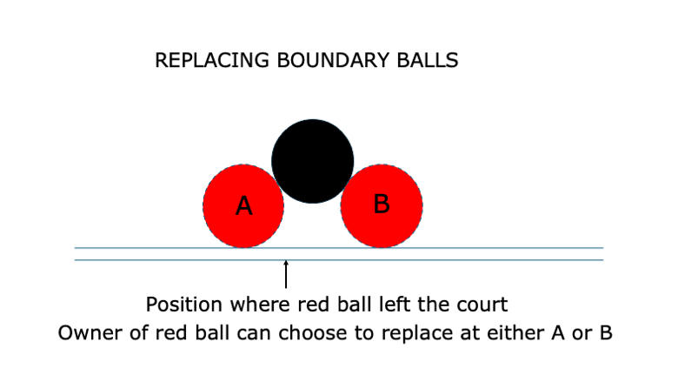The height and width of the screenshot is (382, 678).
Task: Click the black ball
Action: point(313,161)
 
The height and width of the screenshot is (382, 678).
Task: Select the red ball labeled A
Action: point(243,206)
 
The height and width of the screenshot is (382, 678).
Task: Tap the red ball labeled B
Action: point(382,206)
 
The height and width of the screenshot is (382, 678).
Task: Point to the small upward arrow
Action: point(286,274)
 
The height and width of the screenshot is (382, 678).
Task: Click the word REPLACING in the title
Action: point(212,61)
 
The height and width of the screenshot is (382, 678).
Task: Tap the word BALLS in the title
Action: point(428,61)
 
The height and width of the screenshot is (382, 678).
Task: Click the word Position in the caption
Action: point(184,305)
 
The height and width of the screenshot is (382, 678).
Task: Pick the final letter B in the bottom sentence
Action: point(606,333)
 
